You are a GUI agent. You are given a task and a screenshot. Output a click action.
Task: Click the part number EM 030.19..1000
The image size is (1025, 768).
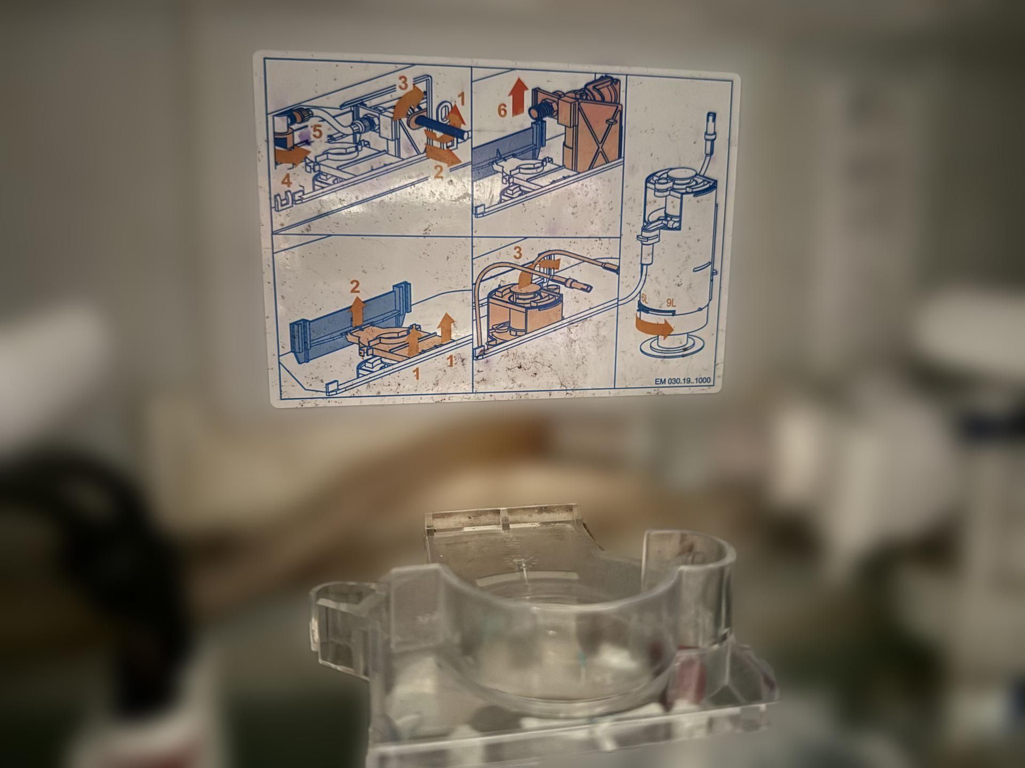(x=684, y=381)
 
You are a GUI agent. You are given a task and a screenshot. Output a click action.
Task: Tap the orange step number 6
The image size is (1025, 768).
(x=502, y=110)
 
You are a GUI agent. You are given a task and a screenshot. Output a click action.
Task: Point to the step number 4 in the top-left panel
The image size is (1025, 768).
(x=287, y=180)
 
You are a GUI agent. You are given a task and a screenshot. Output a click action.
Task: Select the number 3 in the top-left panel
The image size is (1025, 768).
(x=403, y=83)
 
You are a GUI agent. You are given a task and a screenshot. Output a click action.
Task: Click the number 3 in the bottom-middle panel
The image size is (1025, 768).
(x=517, y=252)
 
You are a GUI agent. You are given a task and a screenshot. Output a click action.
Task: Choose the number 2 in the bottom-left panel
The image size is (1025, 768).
(x=355, y=287)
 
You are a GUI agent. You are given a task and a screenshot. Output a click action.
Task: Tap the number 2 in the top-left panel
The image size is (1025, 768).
(x=439, y=172)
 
